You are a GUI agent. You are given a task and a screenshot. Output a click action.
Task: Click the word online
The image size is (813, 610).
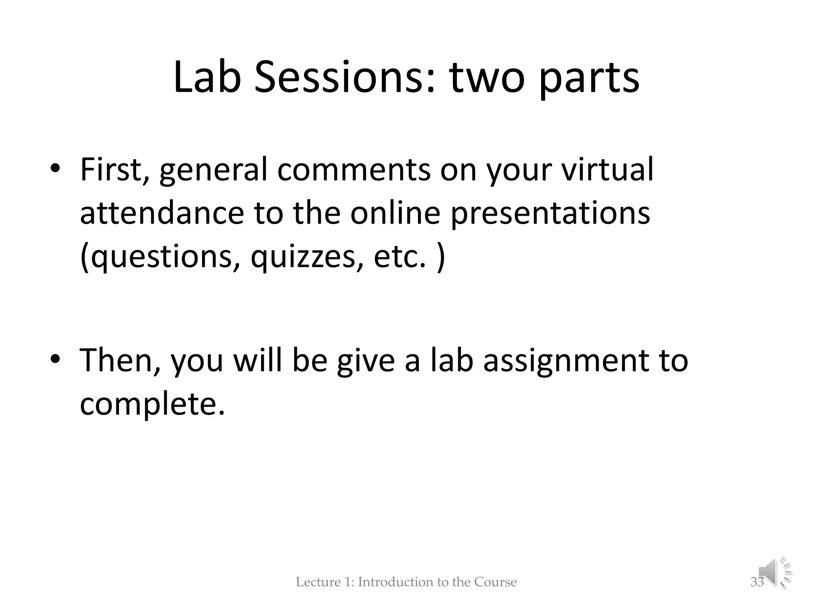[395, 214]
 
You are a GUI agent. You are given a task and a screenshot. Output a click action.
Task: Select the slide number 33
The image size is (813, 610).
[757, 582]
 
